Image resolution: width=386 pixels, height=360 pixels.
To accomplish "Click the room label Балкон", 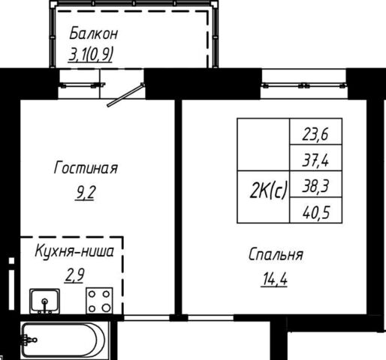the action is coord(93,33).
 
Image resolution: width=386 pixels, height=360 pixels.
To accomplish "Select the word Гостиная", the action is coord(86,168).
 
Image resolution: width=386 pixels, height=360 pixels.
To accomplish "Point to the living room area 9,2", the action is coord(86,193).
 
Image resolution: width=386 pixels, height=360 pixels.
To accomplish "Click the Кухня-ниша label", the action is coord(74,251).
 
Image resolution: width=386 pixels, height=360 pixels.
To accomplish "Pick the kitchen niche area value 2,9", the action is coord(74,275).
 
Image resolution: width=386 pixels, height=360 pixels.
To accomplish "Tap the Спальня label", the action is coord(276,255).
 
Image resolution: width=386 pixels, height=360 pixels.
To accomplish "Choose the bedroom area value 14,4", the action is coord(275,279).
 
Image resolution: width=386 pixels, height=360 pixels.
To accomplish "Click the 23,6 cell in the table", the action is coord(315,131).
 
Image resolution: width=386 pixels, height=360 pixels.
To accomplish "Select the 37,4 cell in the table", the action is coord(315,157).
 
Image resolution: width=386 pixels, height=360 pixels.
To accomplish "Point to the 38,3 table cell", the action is coord(315,184).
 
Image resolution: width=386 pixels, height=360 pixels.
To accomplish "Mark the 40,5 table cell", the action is coord(315,210).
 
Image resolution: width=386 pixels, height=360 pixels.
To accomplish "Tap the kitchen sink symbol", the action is coord(45,301).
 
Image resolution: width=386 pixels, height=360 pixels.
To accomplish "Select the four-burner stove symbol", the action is coord(99,301).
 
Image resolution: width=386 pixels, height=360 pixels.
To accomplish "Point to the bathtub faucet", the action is coord(29,340).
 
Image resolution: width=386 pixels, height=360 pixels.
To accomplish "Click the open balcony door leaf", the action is coord(126,95).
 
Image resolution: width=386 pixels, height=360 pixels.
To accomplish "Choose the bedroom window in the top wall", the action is coord(304,85).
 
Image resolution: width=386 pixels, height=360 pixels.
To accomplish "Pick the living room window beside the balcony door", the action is coord(81,85).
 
